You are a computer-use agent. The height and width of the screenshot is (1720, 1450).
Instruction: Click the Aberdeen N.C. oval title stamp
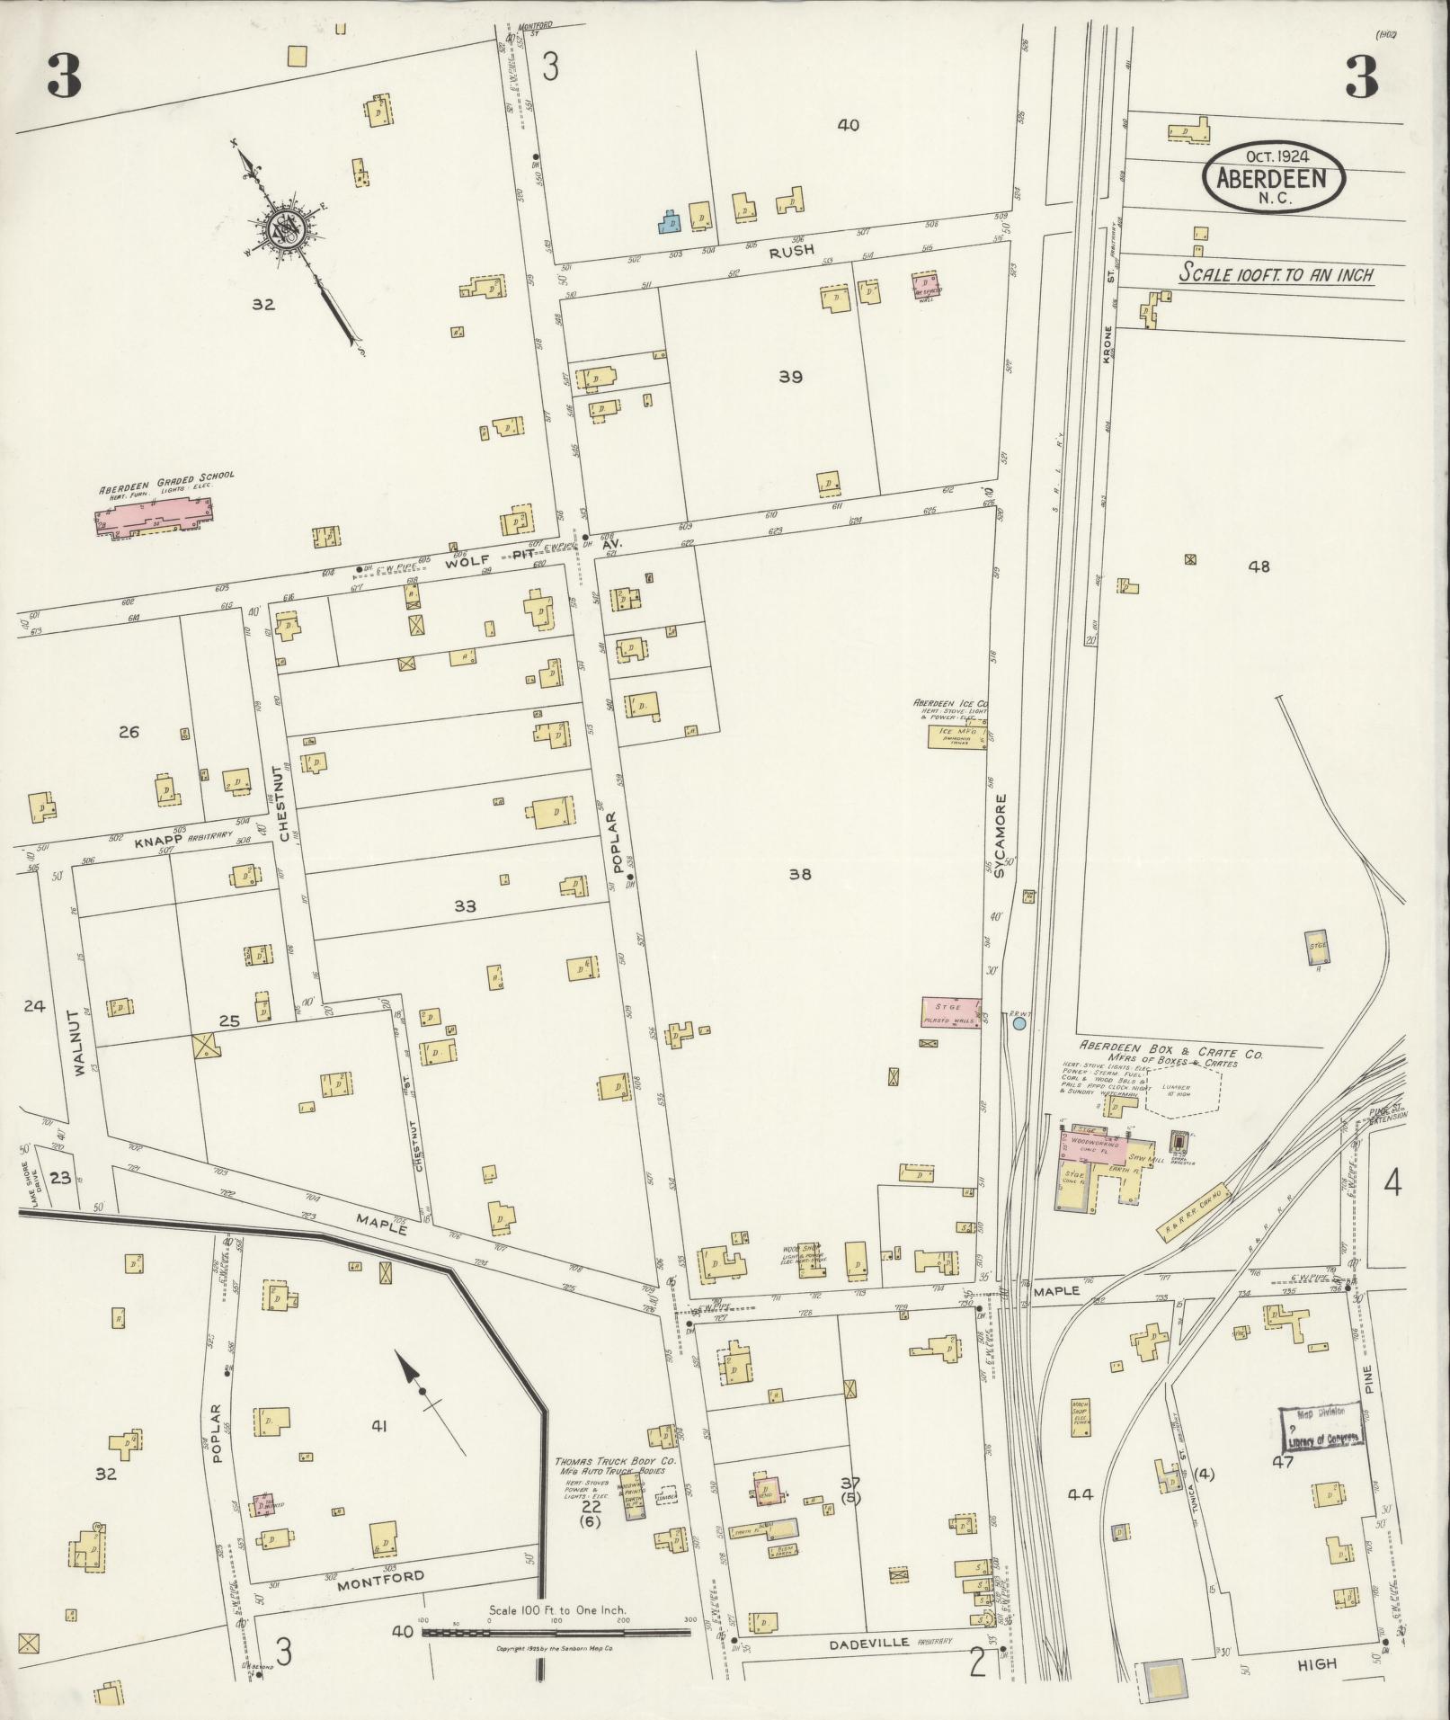point(1273,179)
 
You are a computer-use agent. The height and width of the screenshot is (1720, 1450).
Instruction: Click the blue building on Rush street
point(669,222)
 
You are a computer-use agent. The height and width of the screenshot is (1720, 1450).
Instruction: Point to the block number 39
point(790,378)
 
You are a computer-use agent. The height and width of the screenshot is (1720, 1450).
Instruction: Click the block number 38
point(800,873)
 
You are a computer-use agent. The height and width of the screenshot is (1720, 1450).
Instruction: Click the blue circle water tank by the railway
point(1019,1023)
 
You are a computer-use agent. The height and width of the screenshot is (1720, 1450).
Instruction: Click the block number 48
point(1259,566)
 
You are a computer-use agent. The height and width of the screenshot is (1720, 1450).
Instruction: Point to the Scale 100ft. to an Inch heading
point(1277,274)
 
